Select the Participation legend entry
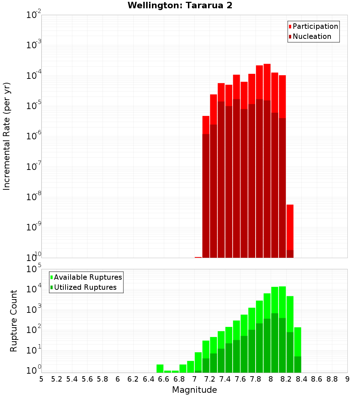(315, 26)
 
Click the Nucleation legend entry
(312, 36)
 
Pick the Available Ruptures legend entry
(88, 277)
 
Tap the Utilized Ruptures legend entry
(85, 287)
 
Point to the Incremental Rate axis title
(7, 136)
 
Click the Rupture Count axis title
(14, 321)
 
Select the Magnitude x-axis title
(194, 390)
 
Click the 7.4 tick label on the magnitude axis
(225, 379)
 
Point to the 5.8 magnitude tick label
(103, 379)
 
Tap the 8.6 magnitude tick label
(317, 379)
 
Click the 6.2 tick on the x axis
(133, 379)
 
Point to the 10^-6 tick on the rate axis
(33, 136)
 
